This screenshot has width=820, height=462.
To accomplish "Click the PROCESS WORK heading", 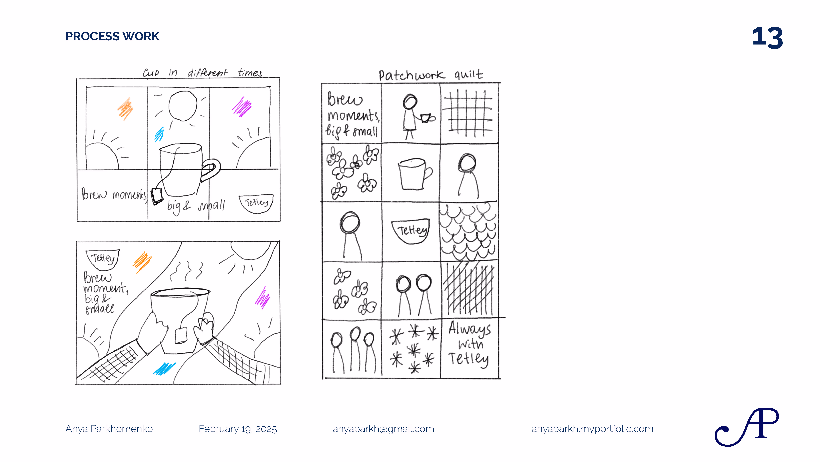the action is pos(112,36).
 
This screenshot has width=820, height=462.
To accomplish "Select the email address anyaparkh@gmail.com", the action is pos(383,429).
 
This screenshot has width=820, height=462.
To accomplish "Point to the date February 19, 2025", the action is pos(238,429).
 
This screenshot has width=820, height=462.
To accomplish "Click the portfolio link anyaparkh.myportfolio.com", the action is pos(592,429).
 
